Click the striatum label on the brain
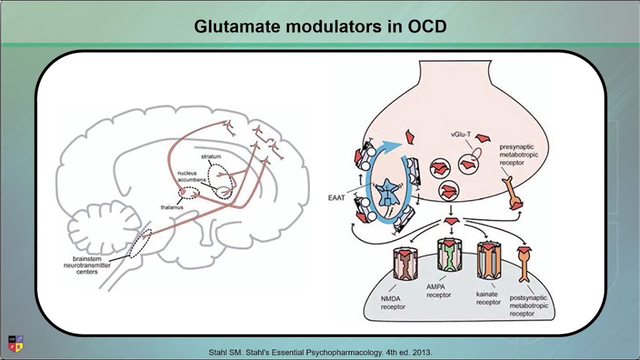point(211,156)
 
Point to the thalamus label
point(171,206)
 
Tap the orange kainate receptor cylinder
point(488,258)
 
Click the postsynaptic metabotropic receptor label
point(528,305)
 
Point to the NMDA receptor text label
point(393,303)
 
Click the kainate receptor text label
point(488,298)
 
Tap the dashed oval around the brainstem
point(139,243)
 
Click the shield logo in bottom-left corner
point(16,343)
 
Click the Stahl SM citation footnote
point(320,352)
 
